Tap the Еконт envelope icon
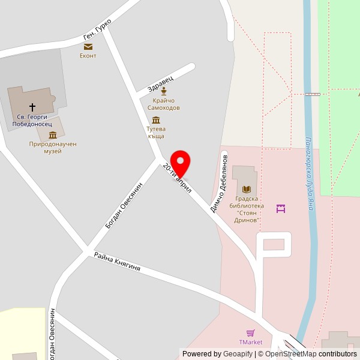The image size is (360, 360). click(88, 46)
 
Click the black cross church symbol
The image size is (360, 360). click(32, 107)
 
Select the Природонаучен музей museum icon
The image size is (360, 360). click(53, 135)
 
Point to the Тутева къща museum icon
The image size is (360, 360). click(156, 120)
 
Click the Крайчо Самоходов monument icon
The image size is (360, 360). click(163, 91)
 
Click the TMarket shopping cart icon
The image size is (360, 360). click(251, 333)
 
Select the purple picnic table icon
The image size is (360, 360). click(280, 209)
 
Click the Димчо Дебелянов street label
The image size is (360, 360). click(219, 184)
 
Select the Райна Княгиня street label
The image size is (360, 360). click(117, 262)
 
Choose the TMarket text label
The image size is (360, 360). click(251, 342)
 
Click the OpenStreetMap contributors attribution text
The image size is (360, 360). click(307, 354)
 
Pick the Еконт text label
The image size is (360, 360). click(88, 56)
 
